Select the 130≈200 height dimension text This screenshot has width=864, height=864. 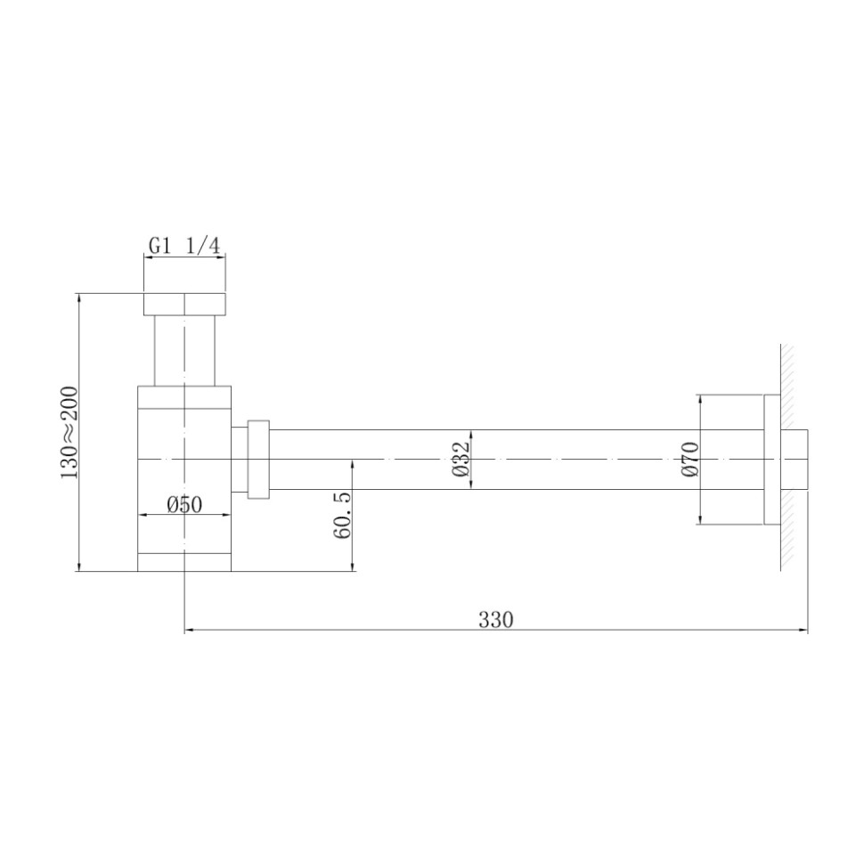[69, 432]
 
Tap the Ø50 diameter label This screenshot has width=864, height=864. [184, 505]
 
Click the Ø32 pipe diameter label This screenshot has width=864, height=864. [460, 460]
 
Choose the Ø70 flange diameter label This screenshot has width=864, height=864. [689, 460]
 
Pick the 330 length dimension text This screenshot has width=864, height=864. [495, 620]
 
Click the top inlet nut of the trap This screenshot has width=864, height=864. [184, 304]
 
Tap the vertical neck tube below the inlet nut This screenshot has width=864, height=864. [184, 350]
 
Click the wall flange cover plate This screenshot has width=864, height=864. [771, 459]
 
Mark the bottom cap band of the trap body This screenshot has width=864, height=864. [184, 562]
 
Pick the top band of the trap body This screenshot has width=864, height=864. [184, 397]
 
